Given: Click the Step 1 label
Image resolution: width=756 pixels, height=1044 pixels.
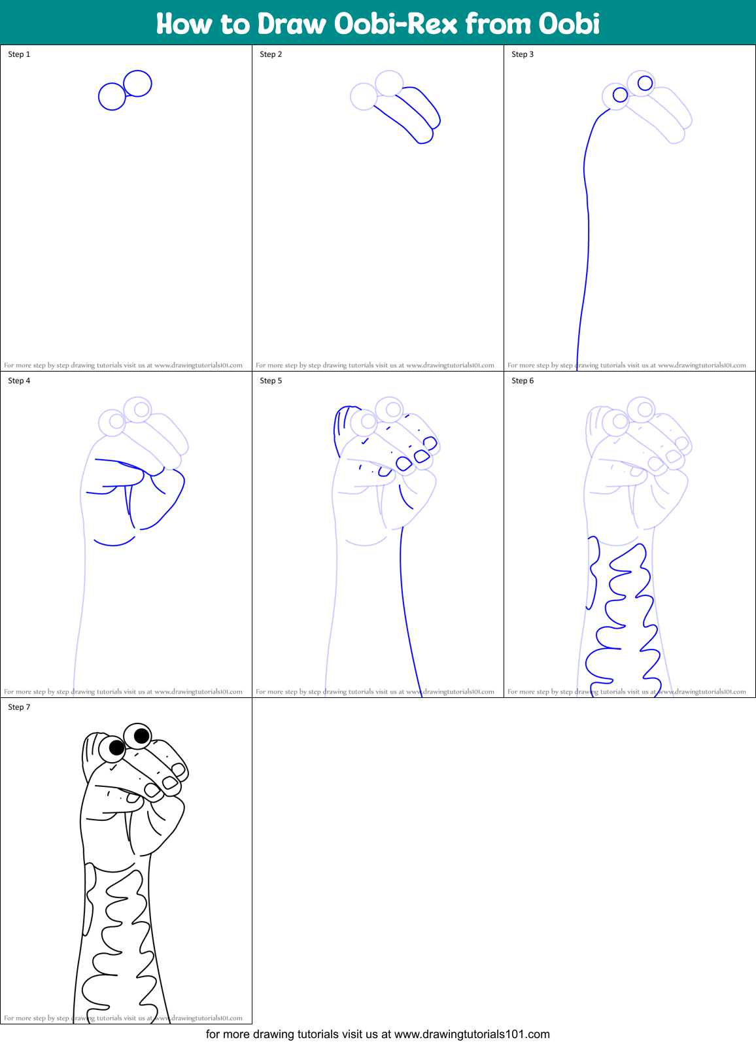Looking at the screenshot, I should (19, 54).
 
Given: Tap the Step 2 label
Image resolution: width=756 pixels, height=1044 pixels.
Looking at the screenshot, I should (271, 54).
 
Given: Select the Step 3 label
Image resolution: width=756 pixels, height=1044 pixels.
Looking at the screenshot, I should (523, 54).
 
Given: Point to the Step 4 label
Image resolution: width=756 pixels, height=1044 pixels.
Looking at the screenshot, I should (19, 381).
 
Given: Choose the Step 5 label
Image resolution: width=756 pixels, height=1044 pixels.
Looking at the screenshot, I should (271, 381).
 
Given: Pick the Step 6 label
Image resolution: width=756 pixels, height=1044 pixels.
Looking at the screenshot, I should (523, 381).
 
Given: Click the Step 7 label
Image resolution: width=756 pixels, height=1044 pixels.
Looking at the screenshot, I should (19, 707).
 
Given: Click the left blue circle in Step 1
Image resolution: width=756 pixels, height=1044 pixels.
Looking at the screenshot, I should (112, 96).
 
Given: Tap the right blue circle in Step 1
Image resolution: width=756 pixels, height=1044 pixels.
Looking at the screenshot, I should (137, 83).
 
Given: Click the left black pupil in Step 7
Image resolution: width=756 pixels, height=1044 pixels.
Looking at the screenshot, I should (116, 747).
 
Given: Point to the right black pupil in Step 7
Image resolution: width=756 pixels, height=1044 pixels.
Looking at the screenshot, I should (141, 736).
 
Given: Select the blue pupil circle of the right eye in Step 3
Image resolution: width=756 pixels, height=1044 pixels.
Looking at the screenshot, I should (645, 83).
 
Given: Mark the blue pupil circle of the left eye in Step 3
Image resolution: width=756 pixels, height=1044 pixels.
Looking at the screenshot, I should (620, 96).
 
